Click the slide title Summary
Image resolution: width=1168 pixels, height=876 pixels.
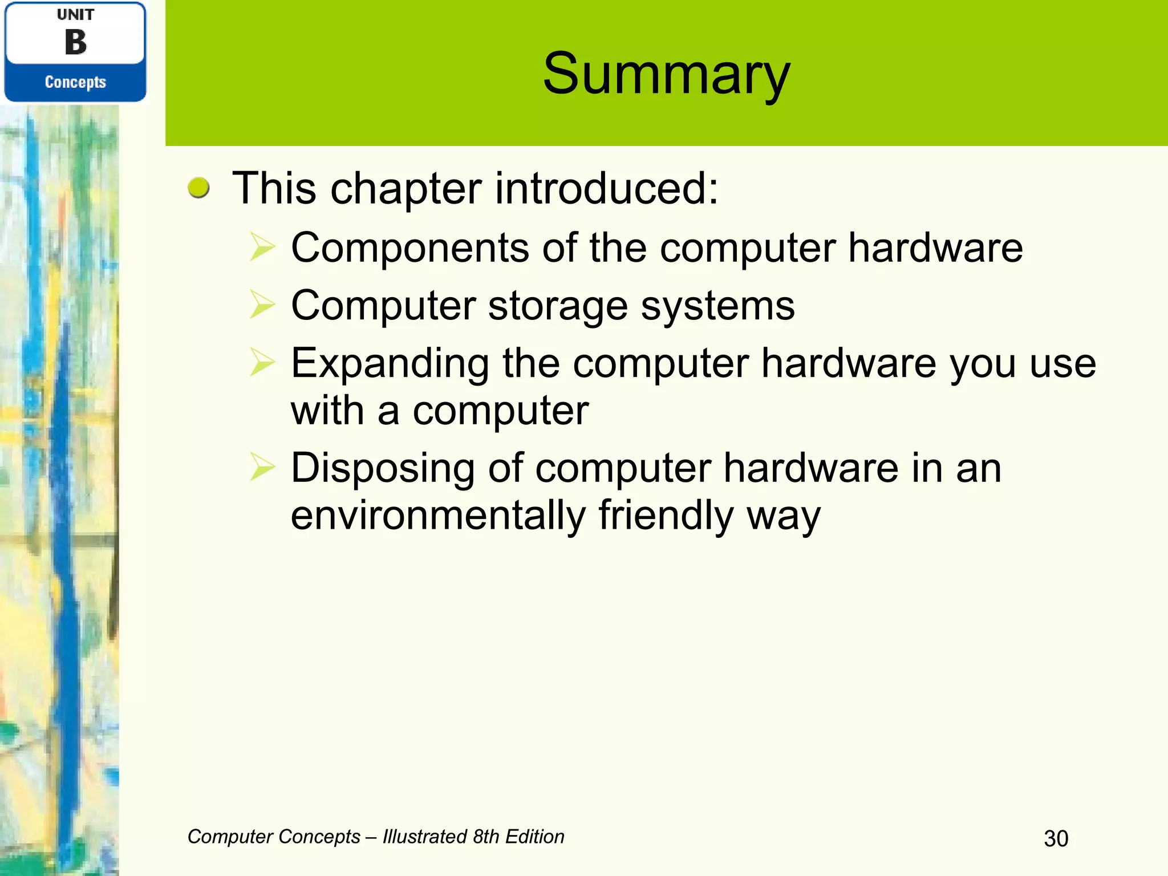tap(666, 74)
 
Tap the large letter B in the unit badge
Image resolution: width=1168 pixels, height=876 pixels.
tap(75, 42)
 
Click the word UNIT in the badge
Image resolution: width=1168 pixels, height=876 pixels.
tap(75, 15)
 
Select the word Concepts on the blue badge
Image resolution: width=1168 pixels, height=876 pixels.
tap(75, 82)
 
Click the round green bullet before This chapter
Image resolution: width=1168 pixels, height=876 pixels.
tap(198, 188)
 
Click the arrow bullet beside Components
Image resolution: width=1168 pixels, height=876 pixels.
tap(262, 248)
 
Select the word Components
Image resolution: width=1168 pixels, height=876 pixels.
tap(410, 248)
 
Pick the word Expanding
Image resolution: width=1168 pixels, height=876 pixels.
tap(390, 364)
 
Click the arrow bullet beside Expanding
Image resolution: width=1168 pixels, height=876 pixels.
tap(262, 363)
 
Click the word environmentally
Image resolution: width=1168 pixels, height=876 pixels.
tap(438, 515)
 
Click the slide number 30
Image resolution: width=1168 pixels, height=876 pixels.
tap(1056, 838)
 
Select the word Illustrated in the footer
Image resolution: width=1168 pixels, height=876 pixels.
tap(424, 837)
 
